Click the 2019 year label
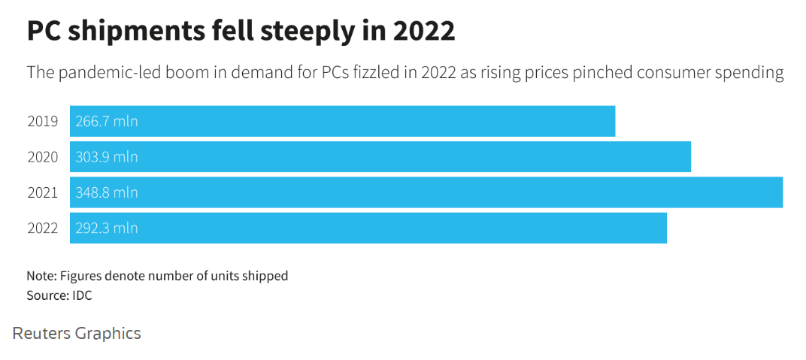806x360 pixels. pyautogui.click(x=42, y=121)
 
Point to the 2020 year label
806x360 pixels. pyautogui.click(x=42, y=157)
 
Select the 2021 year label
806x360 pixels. pyautogui.click(x=42, y=192)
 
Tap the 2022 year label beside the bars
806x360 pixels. pyautogui.click(x=42, y=228)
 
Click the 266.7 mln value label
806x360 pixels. pyautogui.click(x=107, y=121)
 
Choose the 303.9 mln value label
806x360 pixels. pyautogui.click(x=107, y=157)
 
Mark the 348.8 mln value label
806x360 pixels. pyautogui.click(x=107, y=192)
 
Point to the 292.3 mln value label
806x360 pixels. pyautogui.click(x=107, y=228)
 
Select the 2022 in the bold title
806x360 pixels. pyautogui.click(x=420, y=32)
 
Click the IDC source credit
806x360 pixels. pyautogui.click(x=82, y=295)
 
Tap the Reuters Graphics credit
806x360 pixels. pyautogui.click(x=77, y=333)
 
